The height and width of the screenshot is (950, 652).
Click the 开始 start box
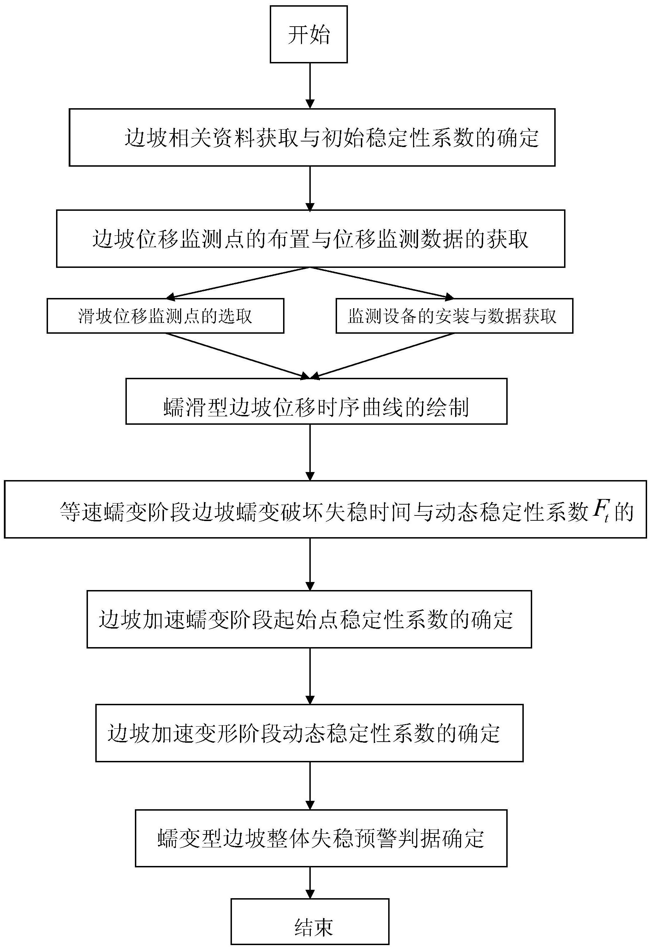pos(308,34)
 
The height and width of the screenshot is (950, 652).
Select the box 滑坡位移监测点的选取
pos(165,315)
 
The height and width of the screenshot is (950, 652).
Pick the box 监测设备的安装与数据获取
pos(454,315)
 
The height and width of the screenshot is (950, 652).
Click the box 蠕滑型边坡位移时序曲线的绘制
pos(316,401)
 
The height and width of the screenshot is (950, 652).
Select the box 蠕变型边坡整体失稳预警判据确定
pos(321,838)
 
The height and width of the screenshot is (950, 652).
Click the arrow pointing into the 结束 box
pos(310,882)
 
